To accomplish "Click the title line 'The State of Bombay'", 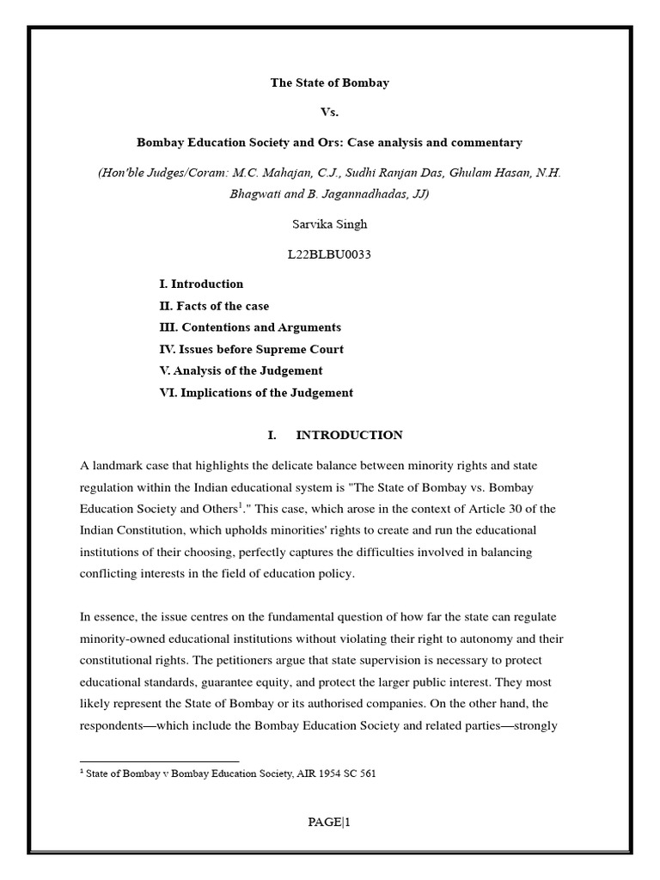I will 330,83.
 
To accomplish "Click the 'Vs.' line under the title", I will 330,113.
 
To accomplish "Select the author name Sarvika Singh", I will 330,224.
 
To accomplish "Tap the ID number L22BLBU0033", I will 330,255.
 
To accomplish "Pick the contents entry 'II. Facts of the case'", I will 214,306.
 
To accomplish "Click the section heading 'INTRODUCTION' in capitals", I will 349,436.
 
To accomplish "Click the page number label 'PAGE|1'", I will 330,822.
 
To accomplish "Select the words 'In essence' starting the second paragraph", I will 108,617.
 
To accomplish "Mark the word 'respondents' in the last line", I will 114,726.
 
